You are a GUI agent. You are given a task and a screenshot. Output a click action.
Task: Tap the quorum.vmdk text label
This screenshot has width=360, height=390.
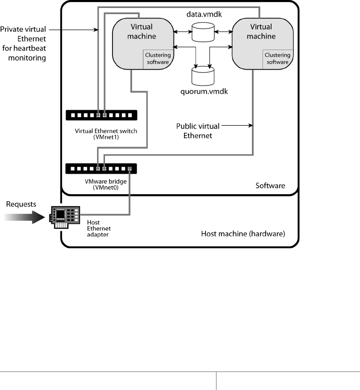[202, 92]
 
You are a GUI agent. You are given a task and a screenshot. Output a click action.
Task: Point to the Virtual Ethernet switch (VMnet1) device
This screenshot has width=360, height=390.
[101, 115]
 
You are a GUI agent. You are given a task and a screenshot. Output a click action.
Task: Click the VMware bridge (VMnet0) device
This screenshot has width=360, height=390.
[101, 169]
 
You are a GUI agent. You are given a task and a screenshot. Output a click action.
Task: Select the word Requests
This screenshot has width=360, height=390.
[21, 204]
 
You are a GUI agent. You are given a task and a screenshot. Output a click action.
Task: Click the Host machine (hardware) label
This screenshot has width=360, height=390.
[242, 233]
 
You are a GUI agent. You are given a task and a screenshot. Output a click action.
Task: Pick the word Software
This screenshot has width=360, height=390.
[270, 186]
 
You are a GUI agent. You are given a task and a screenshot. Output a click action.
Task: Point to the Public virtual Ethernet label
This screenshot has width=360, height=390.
[196, 130]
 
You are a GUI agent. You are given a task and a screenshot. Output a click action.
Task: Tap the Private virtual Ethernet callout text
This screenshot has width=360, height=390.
[24, 44]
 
